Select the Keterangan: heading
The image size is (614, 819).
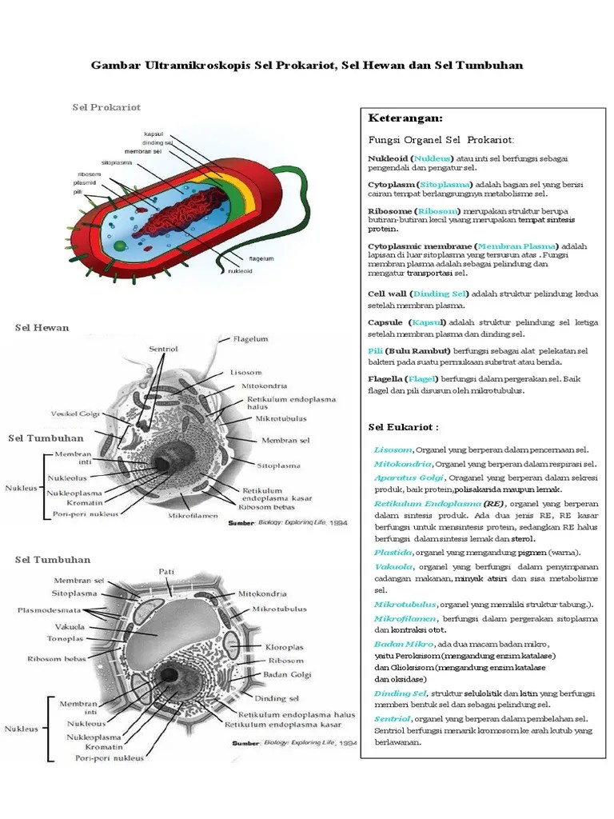coord(405,118)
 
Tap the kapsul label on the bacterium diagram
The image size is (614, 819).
coord(153,134)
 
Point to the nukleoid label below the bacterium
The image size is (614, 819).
coord(240,270)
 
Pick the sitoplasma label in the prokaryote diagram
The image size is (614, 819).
coord(117,162)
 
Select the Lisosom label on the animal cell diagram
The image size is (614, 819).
coord(247,372)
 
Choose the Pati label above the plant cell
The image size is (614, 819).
coord(167,572)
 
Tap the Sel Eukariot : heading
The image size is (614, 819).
coord(404,426)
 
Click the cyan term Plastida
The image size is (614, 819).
coord(393,552)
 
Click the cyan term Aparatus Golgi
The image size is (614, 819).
coord(404,477)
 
